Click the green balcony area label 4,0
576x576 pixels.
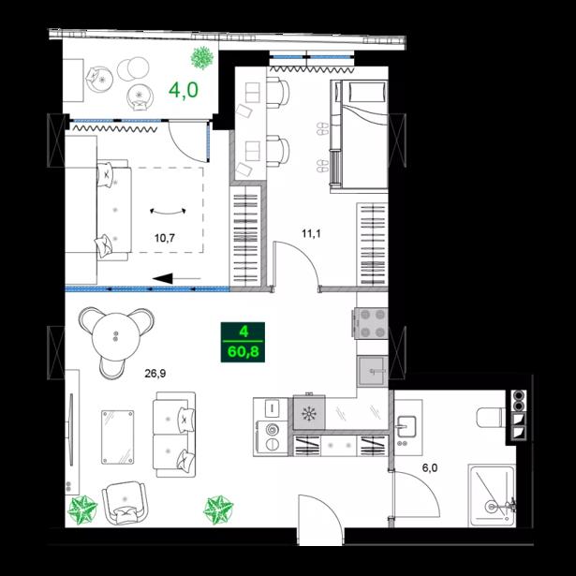(184, 90)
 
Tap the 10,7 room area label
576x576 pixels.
(165, 238)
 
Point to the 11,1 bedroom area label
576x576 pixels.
(311, 233)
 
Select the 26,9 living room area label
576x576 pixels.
(155, 374)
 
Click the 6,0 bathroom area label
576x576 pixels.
(430, 468)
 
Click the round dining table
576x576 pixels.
(116, 336)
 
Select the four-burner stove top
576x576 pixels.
(372, 323)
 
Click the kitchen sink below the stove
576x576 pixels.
(373, 371)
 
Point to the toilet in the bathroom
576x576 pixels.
(491, 418)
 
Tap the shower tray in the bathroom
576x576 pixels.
(492, 495)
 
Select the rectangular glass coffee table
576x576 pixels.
(118, 437)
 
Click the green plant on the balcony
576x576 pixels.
(202, 58)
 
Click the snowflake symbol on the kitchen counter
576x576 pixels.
(309, 414)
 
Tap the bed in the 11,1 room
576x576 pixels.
(360, 135)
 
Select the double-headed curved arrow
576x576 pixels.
(168, 213)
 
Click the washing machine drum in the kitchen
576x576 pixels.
(273, 428)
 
